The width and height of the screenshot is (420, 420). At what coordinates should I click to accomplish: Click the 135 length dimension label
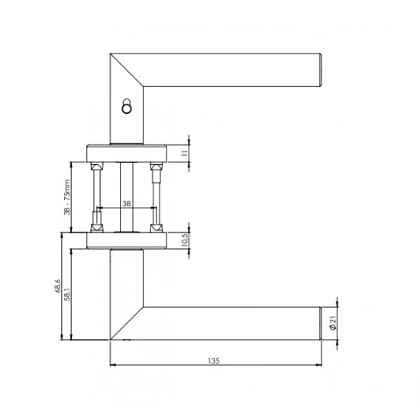click(214, 360)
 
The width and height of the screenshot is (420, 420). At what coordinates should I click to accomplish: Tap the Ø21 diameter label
click(332, 323)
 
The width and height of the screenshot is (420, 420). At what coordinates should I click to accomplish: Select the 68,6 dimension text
click(58, 286)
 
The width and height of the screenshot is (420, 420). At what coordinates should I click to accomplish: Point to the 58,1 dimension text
click(67, 294)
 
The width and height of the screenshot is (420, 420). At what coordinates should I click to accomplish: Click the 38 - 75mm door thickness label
click(67, 197)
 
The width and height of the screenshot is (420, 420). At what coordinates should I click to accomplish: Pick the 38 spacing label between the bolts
click(127, 204)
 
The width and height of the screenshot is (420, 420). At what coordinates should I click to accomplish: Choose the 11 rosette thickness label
click(185, 153)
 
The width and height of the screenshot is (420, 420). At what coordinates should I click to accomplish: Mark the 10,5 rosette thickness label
click(185, 240)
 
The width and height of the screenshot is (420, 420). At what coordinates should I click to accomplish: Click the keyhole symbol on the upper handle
click(127, 106)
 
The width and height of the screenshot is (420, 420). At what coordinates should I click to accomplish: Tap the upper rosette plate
click(127, 153)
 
